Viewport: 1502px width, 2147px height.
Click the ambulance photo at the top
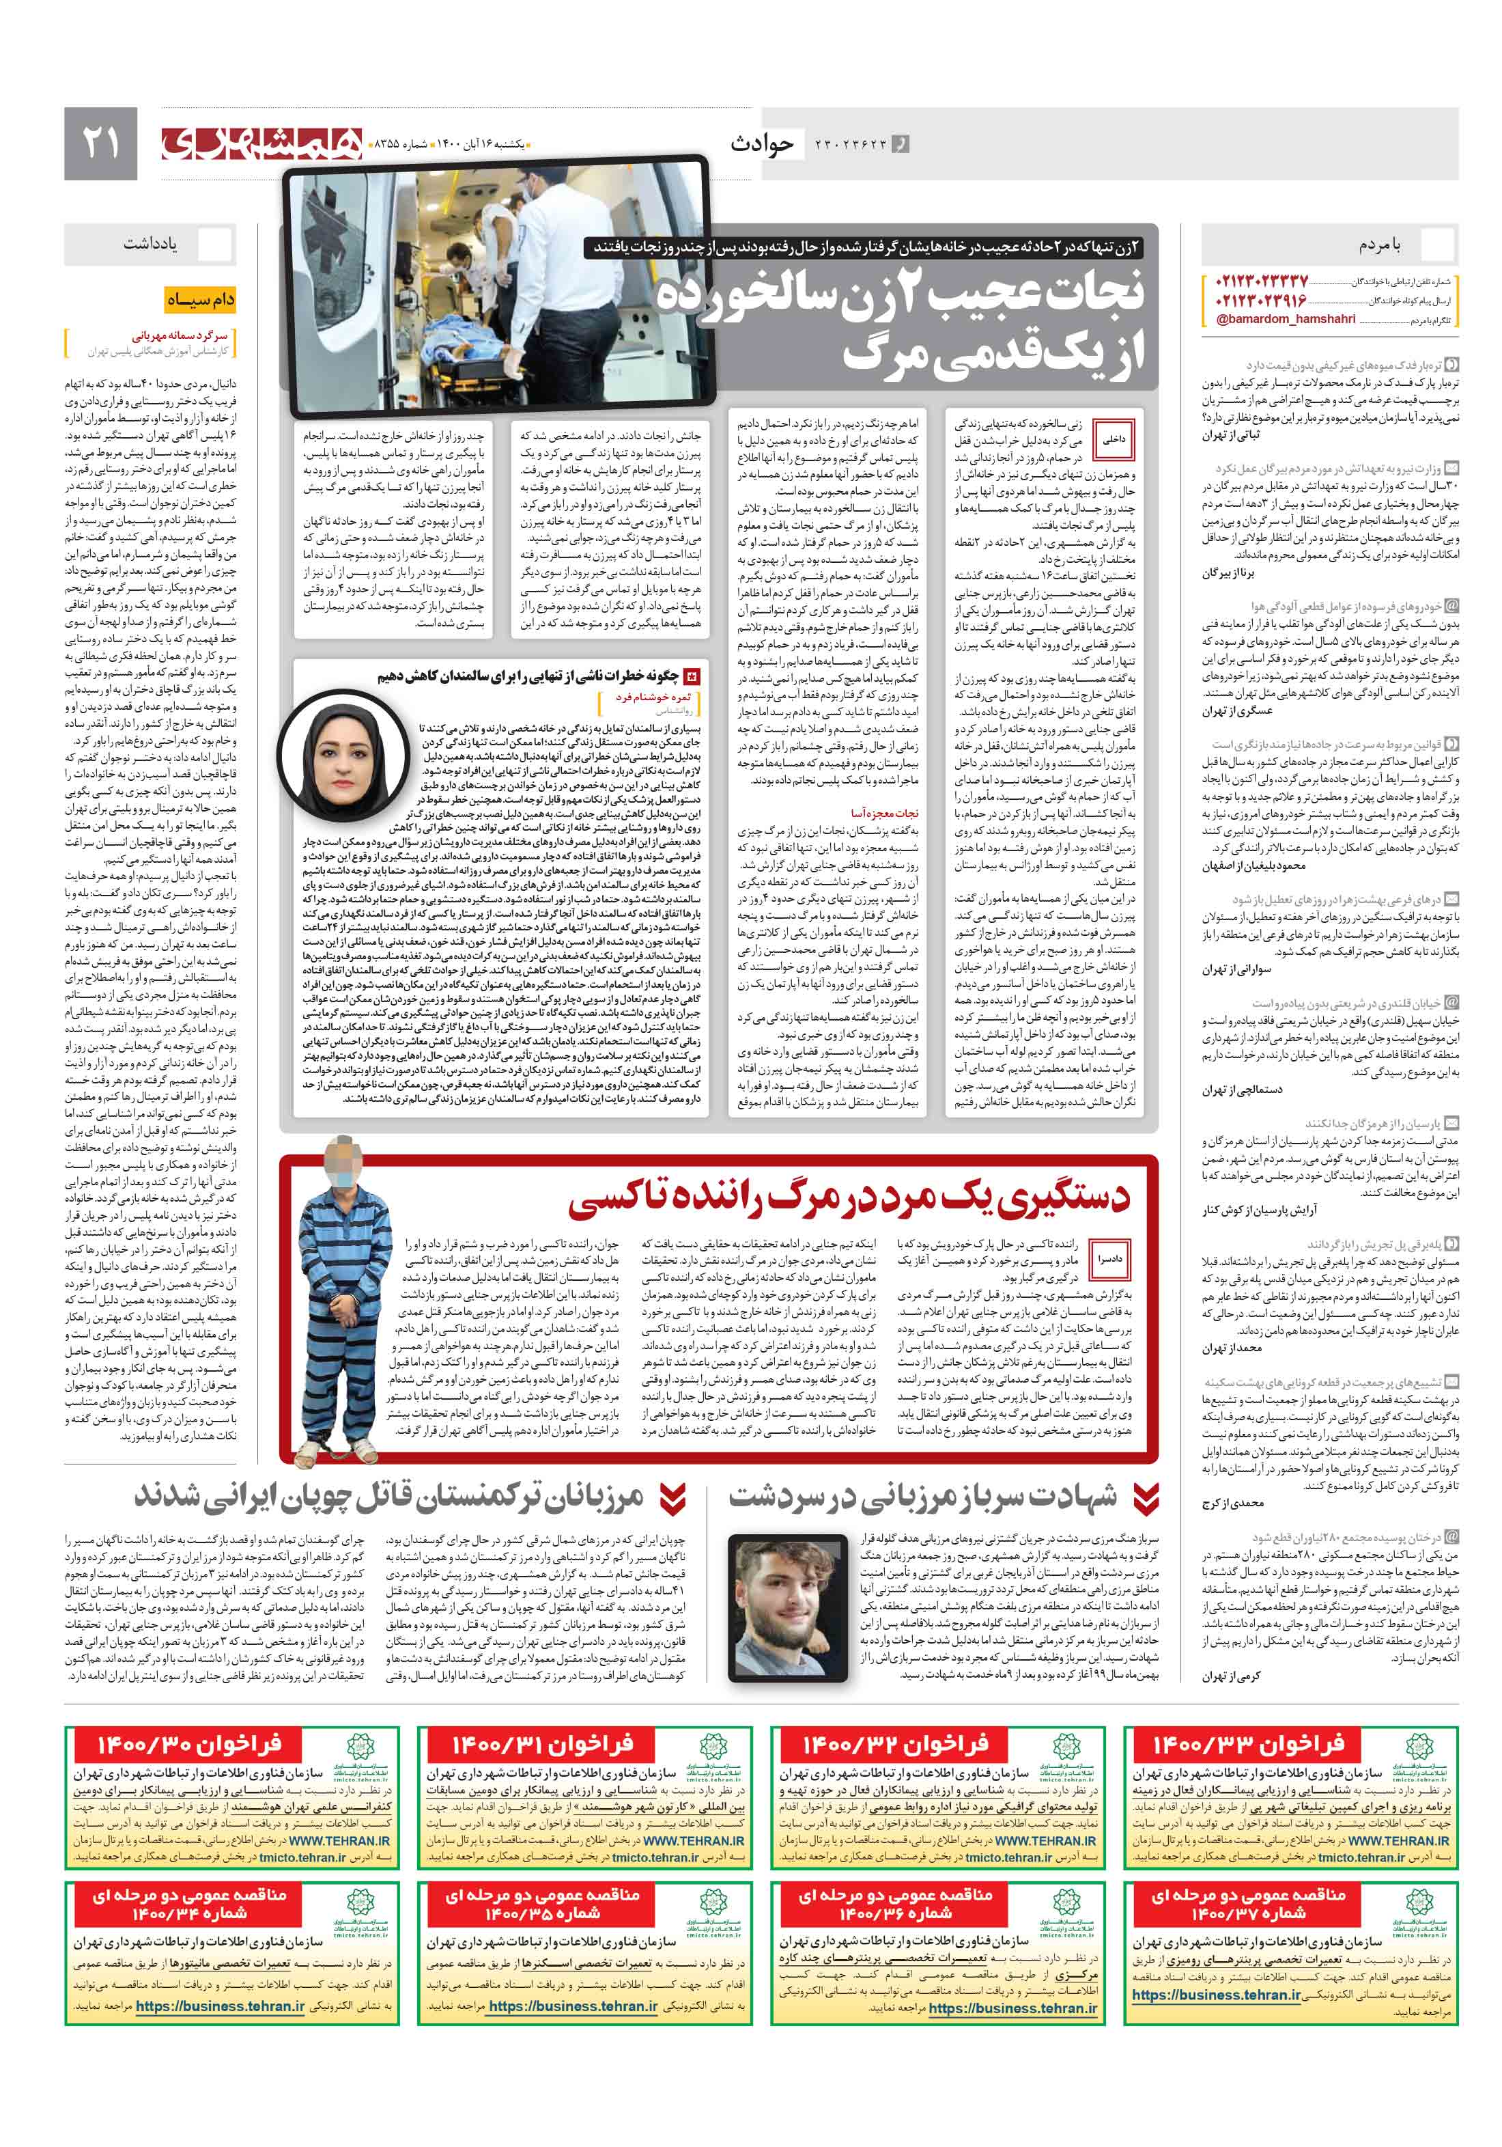pyautogui.click(x=496, y=281)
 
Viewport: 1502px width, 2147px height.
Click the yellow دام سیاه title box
pyautogui.click(x=200, y=300)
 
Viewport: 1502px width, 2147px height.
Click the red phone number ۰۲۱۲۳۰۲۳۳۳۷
pyautogui.click(x=1262, y=281)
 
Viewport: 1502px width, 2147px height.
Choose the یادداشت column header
pyautogui.click(x=150, y=243)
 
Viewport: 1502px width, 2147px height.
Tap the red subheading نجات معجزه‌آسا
pyautogui.click(x=883, y=813)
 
